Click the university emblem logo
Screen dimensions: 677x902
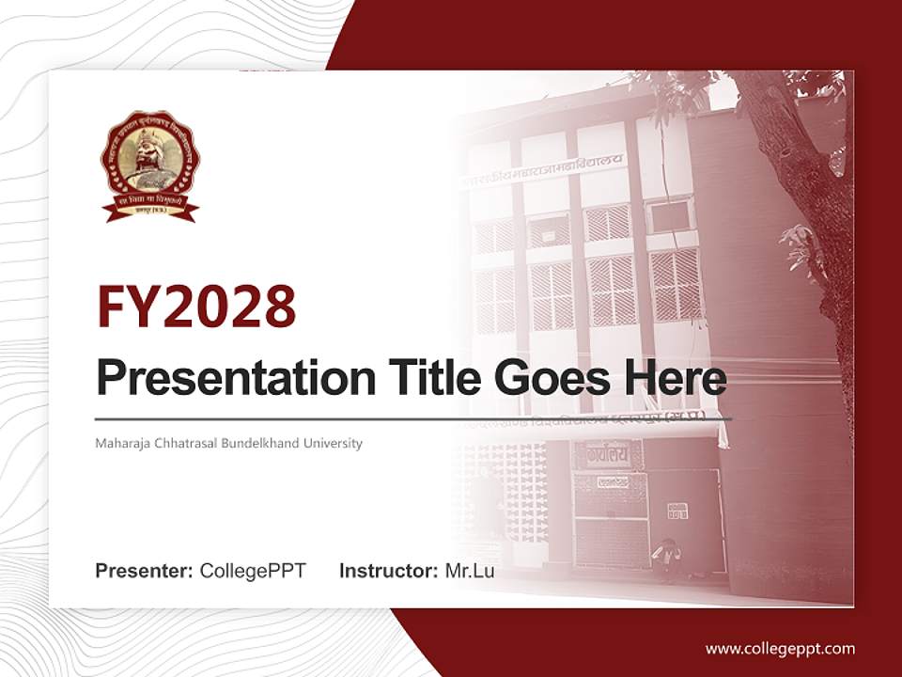coord(150,165)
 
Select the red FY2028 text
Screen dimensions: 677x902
coord(196,306)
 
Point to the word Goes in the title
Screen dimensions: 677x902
coord(548,378)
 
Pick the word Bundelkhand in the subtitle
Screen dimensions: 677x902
coord(254,443)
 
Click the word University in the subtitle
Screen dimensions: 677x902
coord(330,443)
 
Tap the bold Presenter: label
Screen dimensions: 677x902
coord(145,571)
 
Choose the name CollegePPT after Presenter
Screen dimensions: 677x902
coord(253,571)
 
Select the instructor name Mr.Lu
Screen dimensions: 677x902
coord(469,571)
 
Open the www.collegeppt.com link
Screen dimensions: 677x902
coord(780,649)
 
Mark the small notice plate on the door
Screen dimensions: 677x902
coord(677,511)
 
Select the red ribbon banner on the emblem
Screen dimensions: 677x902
coord(150,207)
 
